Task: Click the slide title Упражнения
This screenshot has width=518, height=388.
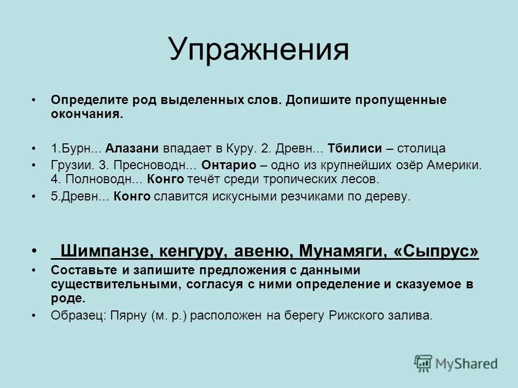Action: tap(258, 50)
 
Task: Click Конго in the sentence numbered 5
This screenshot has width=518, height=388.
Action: tap(133, 197)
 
